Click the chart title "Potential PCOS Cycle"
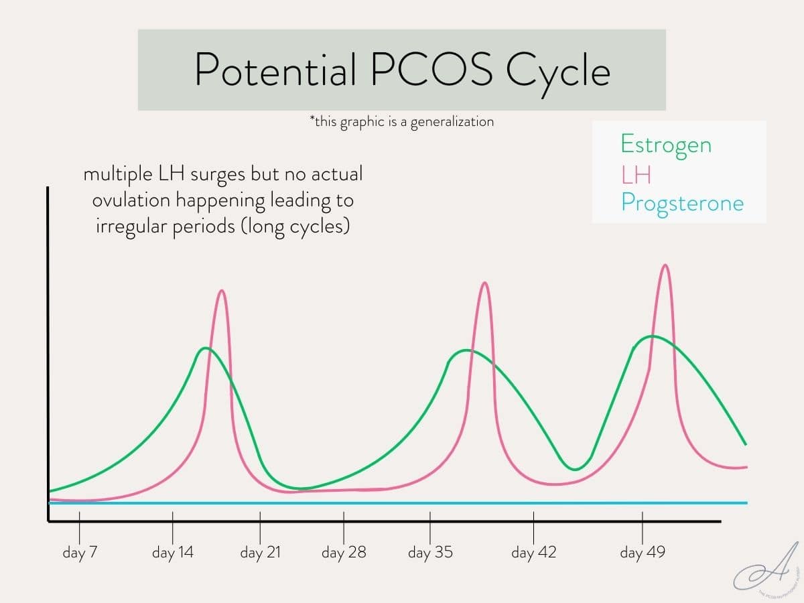402,69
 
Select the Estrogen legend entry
666,145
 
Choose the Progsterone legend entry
682,202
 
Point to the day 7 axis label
80,553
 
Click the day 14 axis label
173,553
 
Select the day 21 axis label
260,553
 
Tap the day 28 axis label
344,553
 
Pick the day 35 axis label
430,553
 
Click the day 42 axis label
533,553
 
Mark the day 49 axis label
643,553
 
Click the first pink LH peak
222,291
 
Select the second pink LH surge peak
485,283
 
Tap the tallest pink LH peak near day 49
665,265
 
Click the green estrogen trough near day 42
574,469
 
